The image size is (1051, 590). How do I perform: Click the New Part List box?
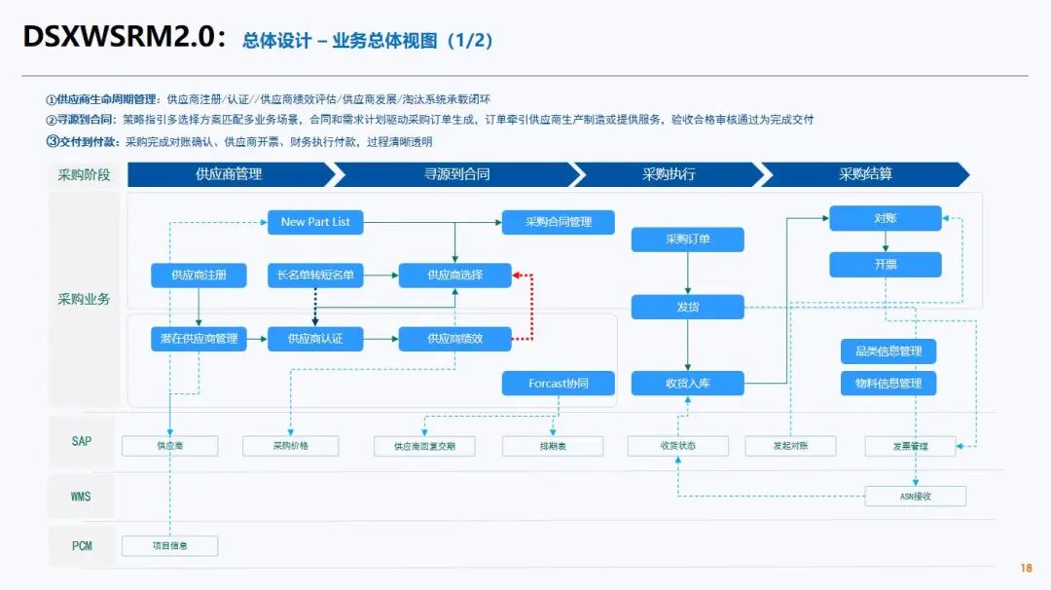315,222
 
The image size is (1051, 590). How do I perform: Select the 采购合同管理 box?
559,222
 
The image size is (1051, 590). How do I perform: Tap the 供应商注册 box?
199,275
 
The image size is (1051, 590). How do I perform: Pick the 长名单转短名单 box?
315,275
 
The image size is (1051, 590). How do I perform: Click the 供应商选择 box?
455,275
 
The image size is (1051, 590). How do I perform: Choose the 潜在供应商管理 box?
199,339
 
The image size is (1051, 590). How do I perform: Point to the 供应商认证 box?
315,339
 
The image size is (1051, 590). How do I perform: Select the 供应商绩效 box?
455,339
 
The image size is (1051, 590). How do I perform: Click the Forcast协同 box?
559,384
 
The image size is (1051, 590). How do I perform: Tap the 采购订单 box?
688,240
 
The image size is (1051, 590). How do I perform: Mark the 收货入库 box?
688,384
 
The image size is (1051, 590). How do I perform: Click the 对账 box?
886,218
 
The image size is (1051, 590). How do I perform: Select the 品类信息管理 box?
888,351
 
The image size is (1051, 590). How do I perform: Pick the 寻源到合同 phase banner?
457,174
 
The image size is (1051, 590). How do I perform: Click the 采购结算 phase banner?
865,174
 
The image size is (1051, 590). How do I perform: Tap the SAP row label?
82,441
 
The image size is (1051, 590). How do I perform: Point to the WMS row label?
81,497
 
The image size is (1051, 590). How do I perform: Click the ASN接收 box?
916,497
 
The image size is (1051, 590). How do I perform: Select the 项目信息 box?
169,546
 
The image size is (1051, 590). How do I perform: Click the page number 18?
1027,568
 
